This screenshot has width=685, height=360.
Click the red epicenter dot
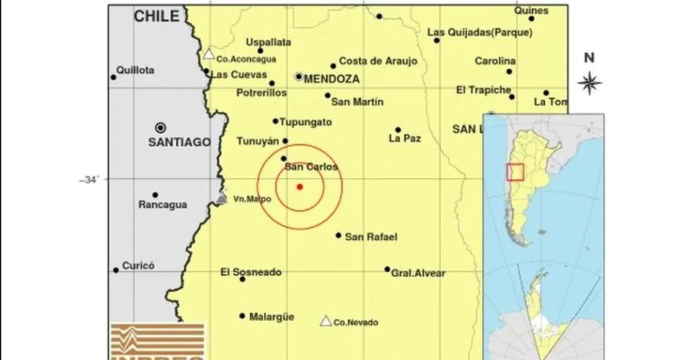(x=299, y=187)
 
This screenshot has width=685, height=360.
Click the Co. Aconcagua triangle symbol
(x=208, y=53)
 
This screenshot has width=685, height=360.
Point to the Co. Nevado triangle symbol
(x=326, y=321)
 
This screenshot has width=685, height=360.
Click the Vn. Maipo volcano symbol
(x=221, y=198)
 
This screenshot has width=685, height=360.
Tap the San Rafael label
(x=371, y=236)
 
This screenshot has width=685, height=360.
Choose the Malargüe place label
(x=271, y=316)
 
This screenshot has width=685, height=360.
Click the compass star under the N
(x=590, y=83)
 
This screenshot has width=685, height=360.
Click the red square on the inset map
(x=515, y=172)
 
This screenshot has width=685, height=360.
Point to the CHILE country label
(x=156, y=17)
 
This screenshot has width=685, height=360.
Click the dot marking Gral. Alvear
(x=387, y=270)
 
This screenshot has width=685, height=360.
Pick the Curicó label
(x=138, y=265)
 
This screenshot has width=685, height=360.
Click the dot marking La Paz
(x=397, y=130)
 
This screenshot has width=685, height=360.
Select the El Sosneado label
(x=251, y=272)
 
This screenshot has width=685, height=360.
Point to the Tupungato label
(x=306, y=122)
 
